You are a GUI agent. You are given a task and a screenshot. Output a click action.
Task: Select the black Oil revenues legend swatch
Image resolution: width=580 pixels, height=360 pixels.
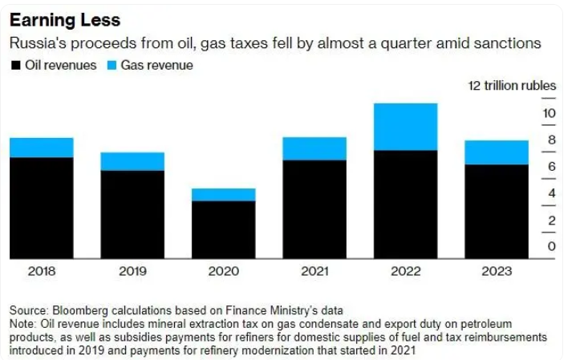click(15, 65)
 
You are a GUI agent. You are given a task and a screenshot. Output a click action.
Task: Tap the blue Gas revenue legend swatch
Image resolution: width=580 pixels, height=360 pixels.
click(113, 65)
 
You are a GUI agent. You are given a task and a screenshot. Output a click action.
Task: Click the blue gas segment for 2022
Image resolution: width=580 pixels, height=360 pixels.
click(405, 127)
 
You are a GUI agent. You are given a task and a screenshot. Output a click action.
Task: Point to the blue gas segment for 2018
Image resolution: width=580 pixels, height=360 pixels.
click(42, 148)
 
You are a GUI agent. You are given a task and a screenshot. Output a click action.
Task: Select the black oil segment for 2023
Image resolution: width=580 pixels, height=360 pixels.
click(497, 212)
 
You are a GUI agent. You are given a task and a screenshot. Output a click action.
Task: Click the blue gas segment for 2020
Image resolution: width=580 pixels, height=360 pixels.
click(223, 195)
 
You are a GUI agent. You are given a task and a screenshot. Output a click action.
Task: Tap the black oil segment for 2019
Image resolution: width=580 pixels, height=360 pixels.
click(132, 214)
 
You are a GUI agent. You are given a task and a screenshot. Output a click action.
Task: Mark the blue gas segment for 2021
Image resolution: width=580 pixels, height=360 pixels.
click(314, 148)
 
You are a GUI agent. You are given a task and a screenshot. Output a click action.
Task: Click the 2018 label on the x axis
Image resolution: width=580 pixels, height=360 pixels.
click(42, 271)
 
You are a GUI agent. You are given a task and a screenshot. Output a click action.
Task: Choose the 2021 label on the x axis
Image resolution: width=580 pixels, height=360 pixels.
click(314, 271)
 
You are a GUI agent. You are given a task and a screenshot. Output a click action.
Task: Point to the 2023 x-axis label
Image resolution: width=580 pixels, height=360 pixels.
click(497, 271)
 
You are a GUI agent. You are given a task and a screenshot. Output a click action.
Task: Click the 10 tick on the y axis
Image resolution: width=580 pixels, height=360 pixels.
click(550, 114)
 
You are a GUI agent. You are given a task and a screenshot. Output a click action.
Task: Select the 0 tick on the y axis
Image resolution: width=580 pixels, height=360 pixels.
click(552, 246)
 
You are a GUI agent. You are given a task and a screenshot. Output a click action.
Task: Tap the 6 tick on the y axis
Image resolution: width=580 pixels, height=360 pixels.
click(552, 167)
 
